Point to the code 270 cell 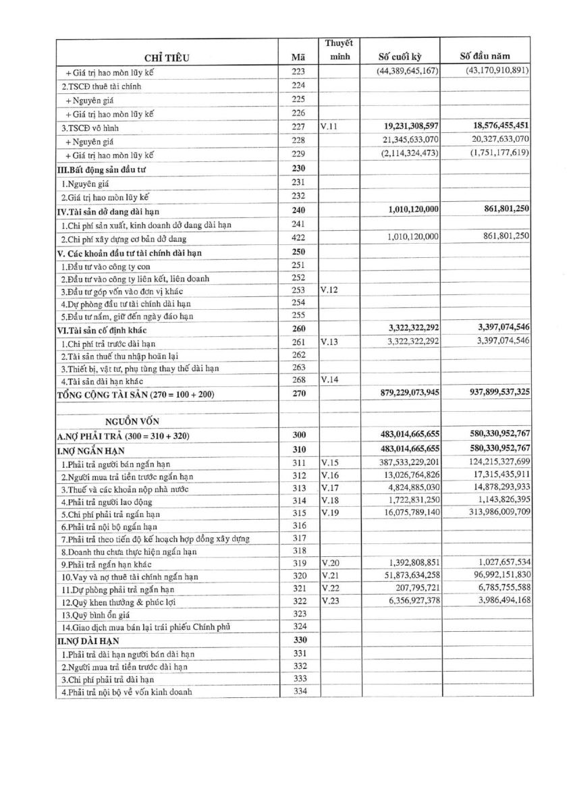pyautogui.click(x=298, y=393)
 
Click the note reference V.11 pyautogui.click(x=329, y=128)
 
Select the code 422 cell pyautogui.click(x=298, y=239)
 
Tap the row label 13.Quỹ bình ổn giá pyautogui.click(x=94, y=614)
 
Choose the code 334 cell pyautogui.click(x=299, y=691)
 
